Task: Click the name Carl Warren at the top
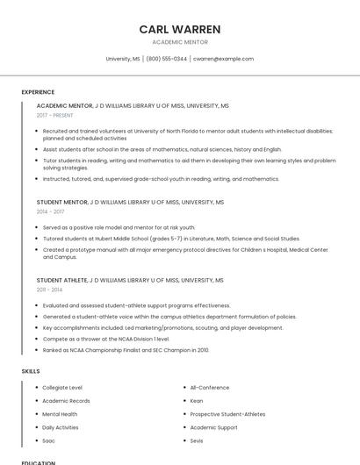(180, 29)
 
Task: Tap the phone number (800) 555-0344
(166, 59)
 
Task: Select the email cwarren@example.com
(223, 59)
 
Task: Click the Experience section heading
(38, 92)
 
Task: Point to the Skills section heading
(31, 371)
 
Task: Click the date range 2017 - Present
(55, 115)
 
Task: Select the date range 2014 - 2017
(50, 211)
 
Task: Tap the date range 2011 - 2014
(49, 290)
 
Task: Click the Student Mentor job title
(62, 202)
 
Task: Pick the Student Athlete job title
(62, 280)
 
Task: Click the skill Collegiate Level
(62, 388)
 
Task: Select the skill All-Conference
(210, 388)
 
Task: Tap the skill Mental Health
(60, 414)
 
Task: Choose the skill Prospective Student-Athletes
(227, 414)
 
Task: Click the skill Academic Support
(213, 427)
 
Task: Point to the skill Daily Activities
(61, 427)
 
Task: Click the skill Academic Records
(66, 401)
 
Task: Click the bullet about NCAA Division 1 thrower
(106, 339)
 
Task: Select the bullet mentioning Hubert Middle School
(171, 238)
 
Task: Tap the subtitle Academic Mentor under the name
(180, 42)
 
